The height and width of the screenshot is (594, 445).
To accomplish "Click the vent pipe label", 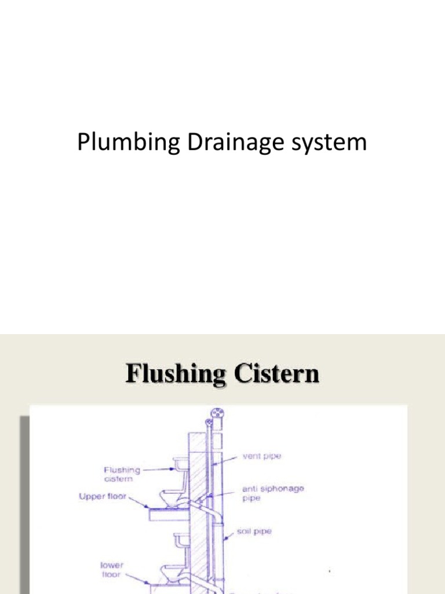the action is click(263, 457).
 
